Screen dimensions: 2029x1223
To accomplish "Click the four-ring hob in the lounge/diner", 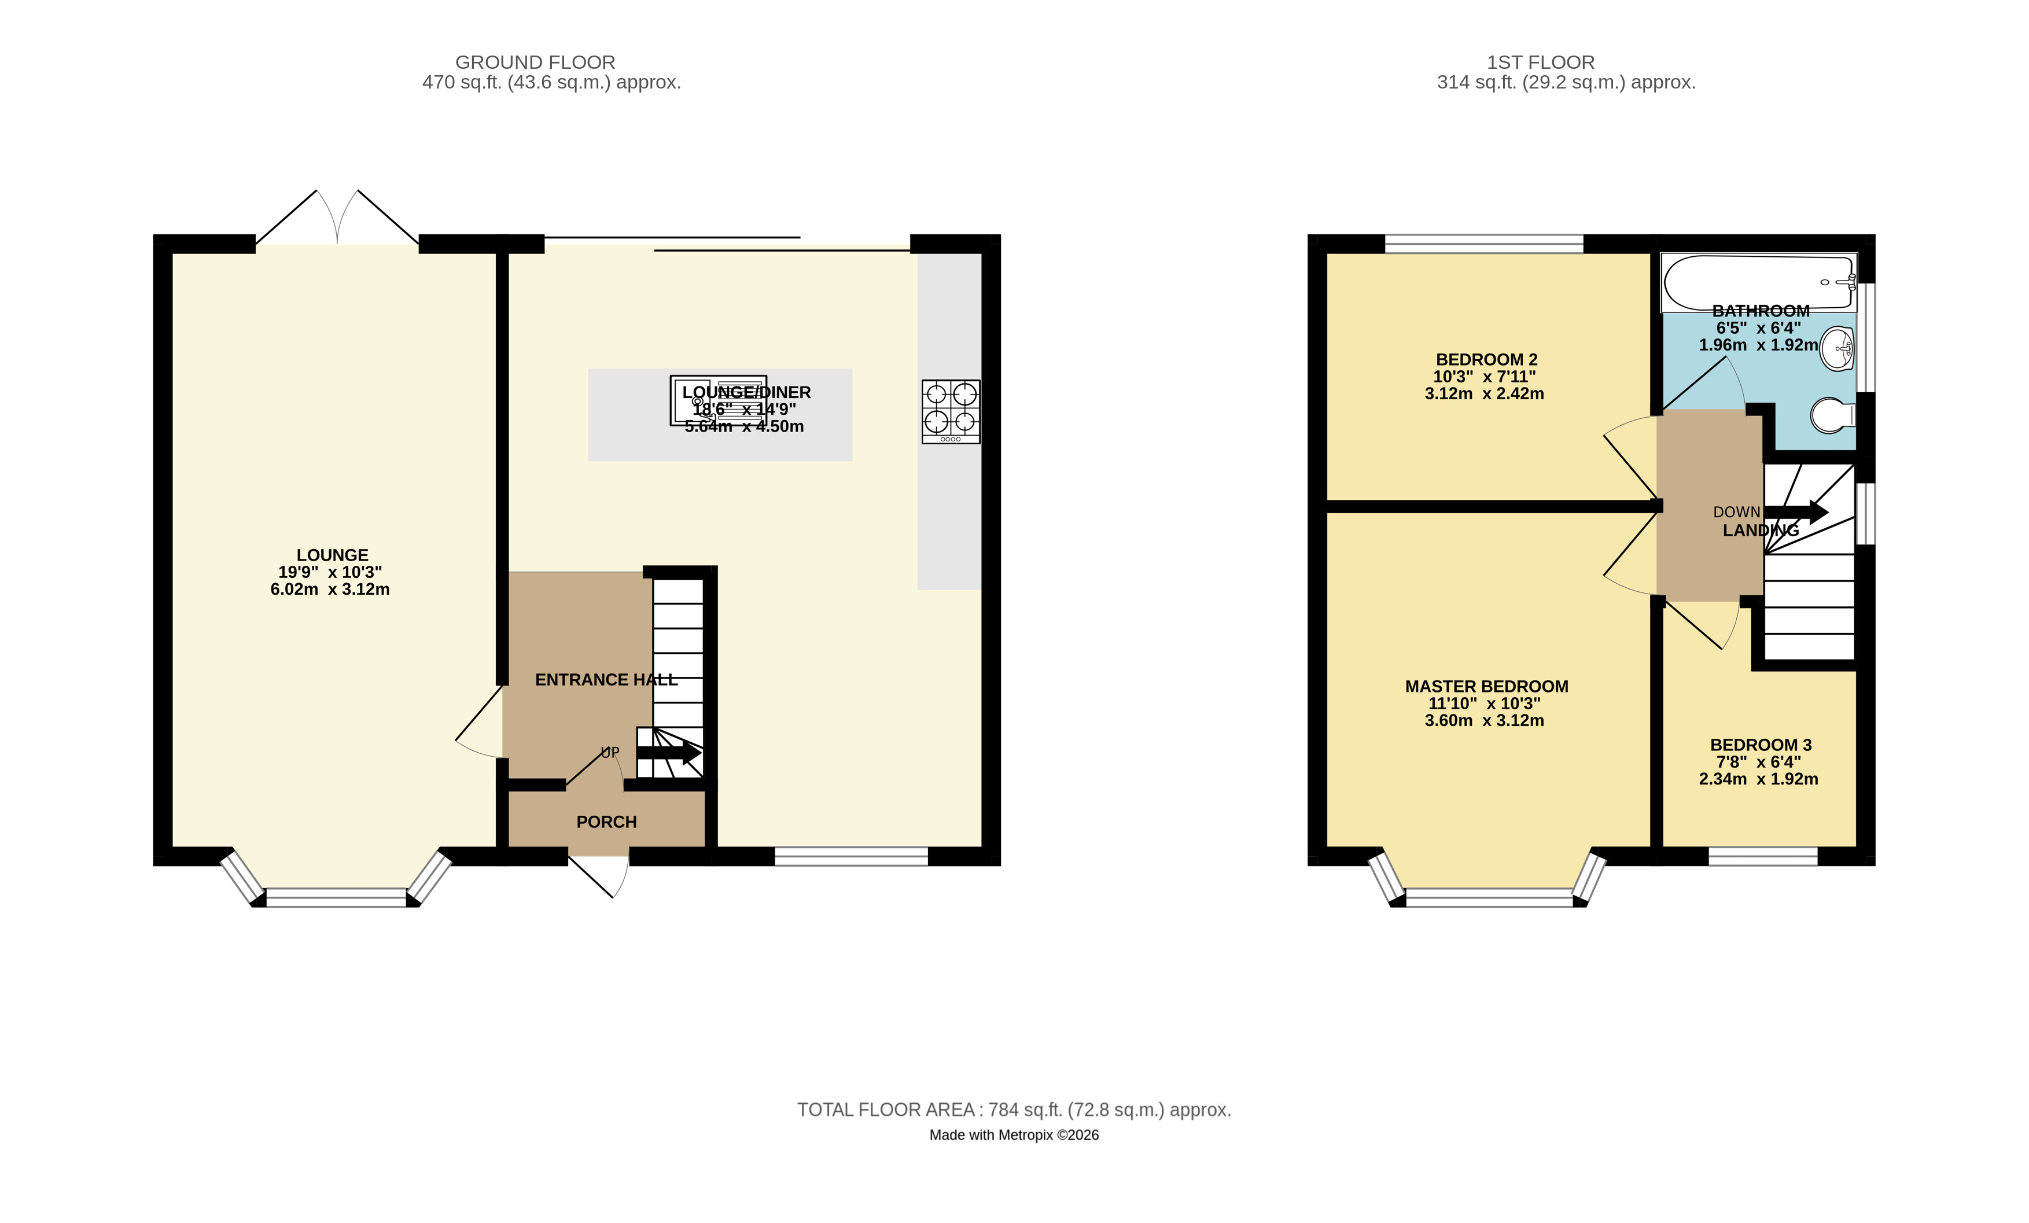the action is pos(951,412).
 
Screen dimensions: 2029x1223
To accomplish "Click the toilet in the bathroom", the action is pos(1833,416).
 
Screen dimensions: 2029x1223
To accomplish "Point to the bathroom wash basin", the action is pos(1837,349).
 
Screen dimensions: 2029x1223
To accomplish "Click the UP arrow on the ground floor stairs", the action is pos(669,753).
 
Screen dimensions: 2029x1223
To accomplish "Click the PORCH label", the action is pos(607,822).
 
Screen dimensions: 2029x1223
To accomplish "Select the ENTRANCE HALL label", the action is pos(606,679).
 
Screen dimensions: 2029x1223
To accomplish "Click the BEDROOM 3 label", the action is pos(1761,745).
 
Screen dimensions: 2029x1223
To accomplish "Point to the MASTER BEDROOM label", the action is pos(1486,686).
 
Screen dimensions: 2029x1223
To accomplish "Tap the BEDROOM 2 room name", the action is pos(1486,359).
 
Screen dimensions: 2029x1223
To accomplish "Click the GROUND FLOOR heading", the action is pos(535,62).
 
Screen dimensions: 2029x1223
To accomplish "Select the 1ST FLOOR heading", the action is pos(1541,62).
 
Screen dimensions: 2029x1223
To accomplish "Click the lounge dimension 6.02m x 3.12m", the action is pos(330,589).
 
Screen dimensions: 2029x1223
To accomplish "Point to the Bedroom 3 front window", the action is pos(1763,857).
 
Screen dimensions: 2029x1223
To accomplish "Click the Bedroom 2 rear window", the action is pos(1484,244).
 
